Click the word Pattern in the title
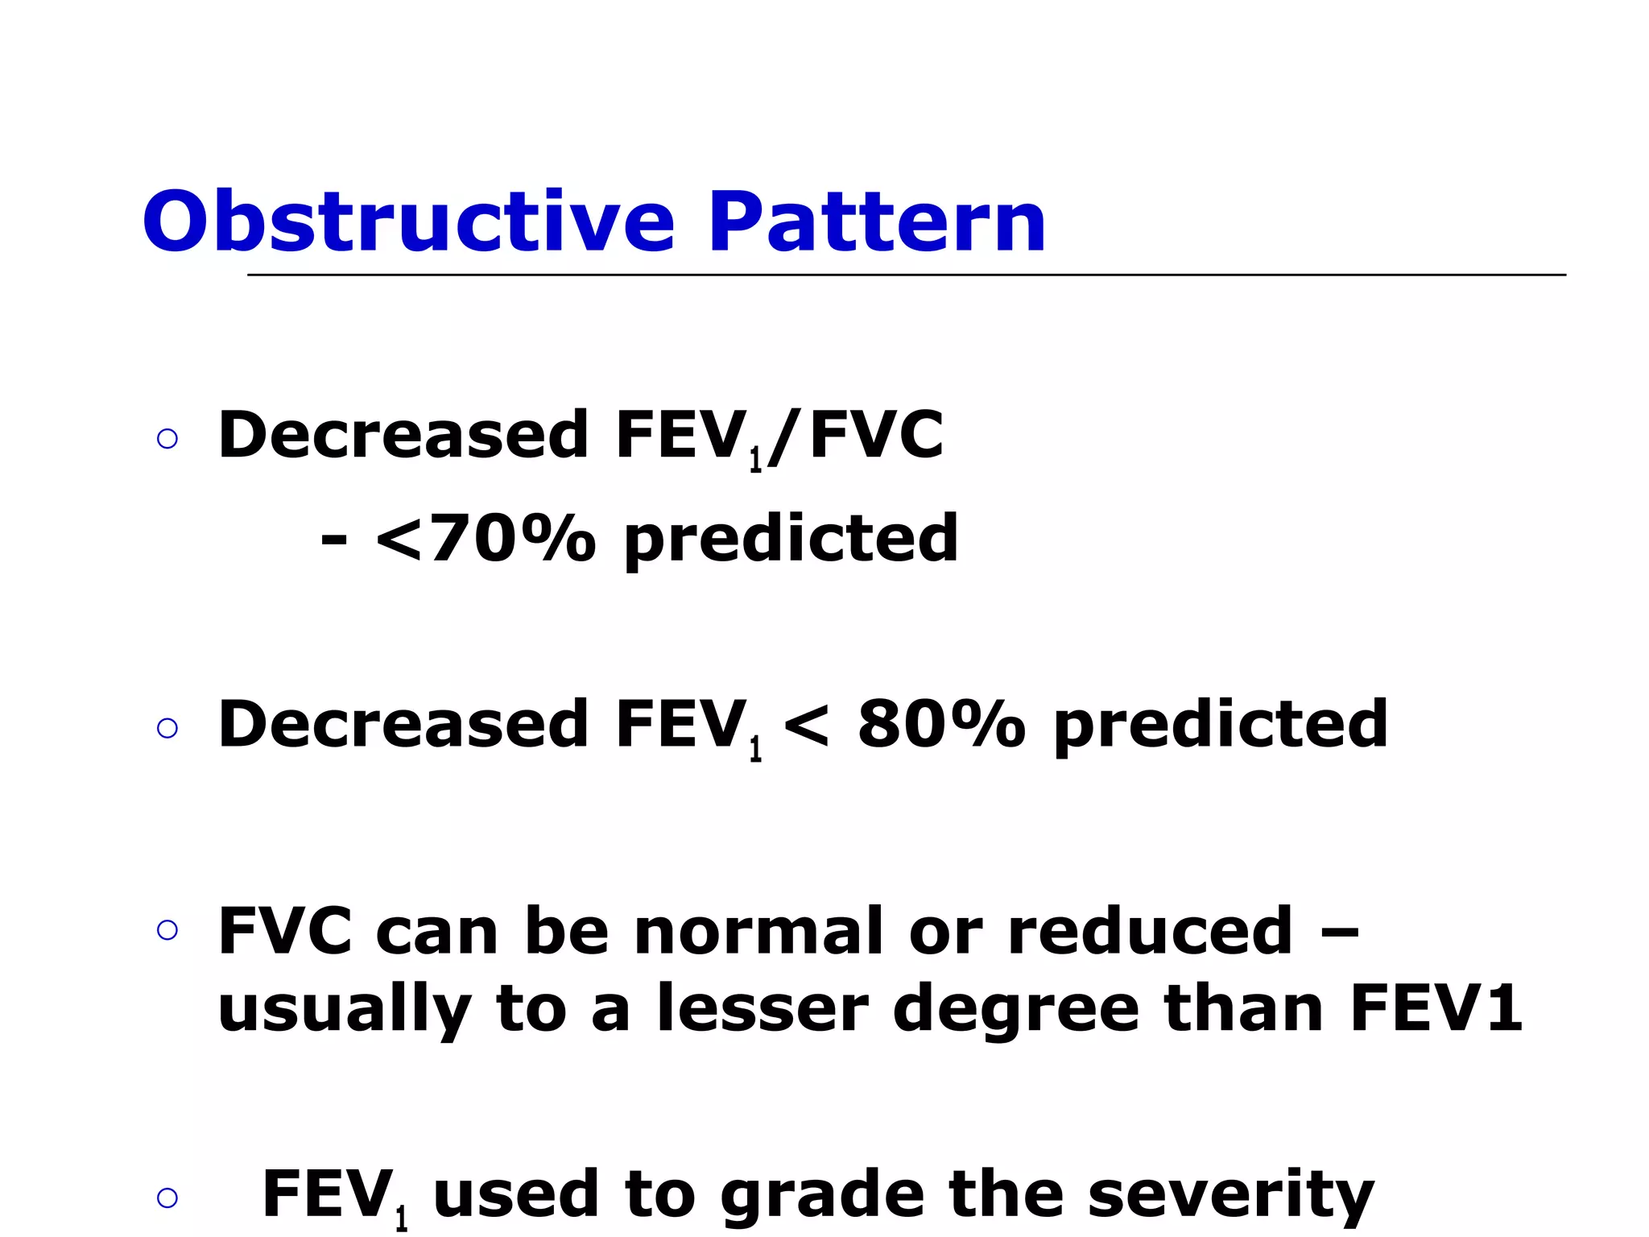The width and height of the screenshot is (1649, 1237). click(877, 221)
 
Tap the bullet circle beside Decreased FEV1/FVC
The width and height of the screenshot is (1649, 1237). click(167, 439)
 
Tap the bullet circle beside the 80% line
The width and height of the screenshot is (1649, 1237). click(167, 729)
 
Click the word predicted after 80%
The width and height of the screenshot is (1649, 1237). click(1221, 725)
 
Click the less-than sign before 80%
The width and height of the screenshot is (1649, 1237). click(806, 725)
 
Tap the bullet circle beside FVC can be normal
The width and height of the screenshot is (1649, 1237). click(167, 931)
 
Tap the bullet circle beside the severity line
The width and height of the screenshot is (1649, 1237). click(167, 1198)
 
